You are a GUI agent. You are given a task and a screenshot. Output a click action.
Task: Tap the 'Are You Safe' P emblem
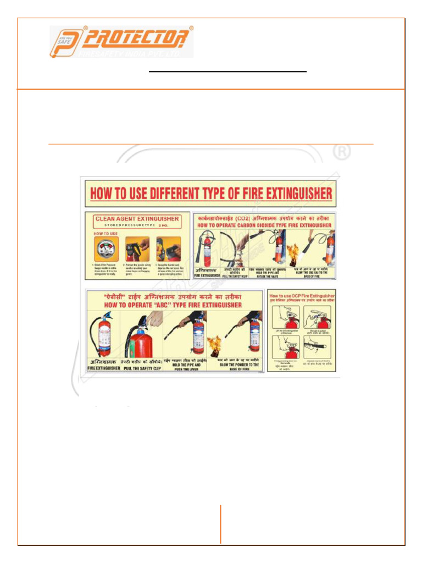pyautogui.click(x=65, y=42)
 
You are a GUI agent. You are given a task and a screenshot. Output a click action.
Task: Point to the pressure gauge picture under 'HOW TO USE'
pyautogui.click(x=104, y=248)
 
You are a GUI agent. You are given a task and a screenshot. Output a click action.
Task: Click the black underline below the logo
pyautogui.click(x=228, y=71)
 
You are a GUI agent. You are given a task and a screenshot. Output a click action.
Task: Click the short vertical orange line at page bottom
pyautogui.click(x=221, y=524)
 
